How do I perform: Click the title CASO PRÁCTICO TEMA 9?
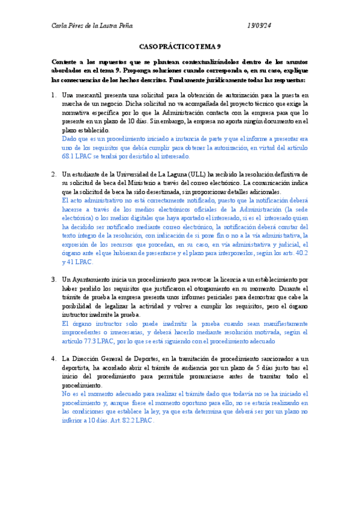pyautogui.click(x=180, y=46)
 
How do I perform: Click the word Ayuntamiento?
pyautogui.click(x=96, y=280)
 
